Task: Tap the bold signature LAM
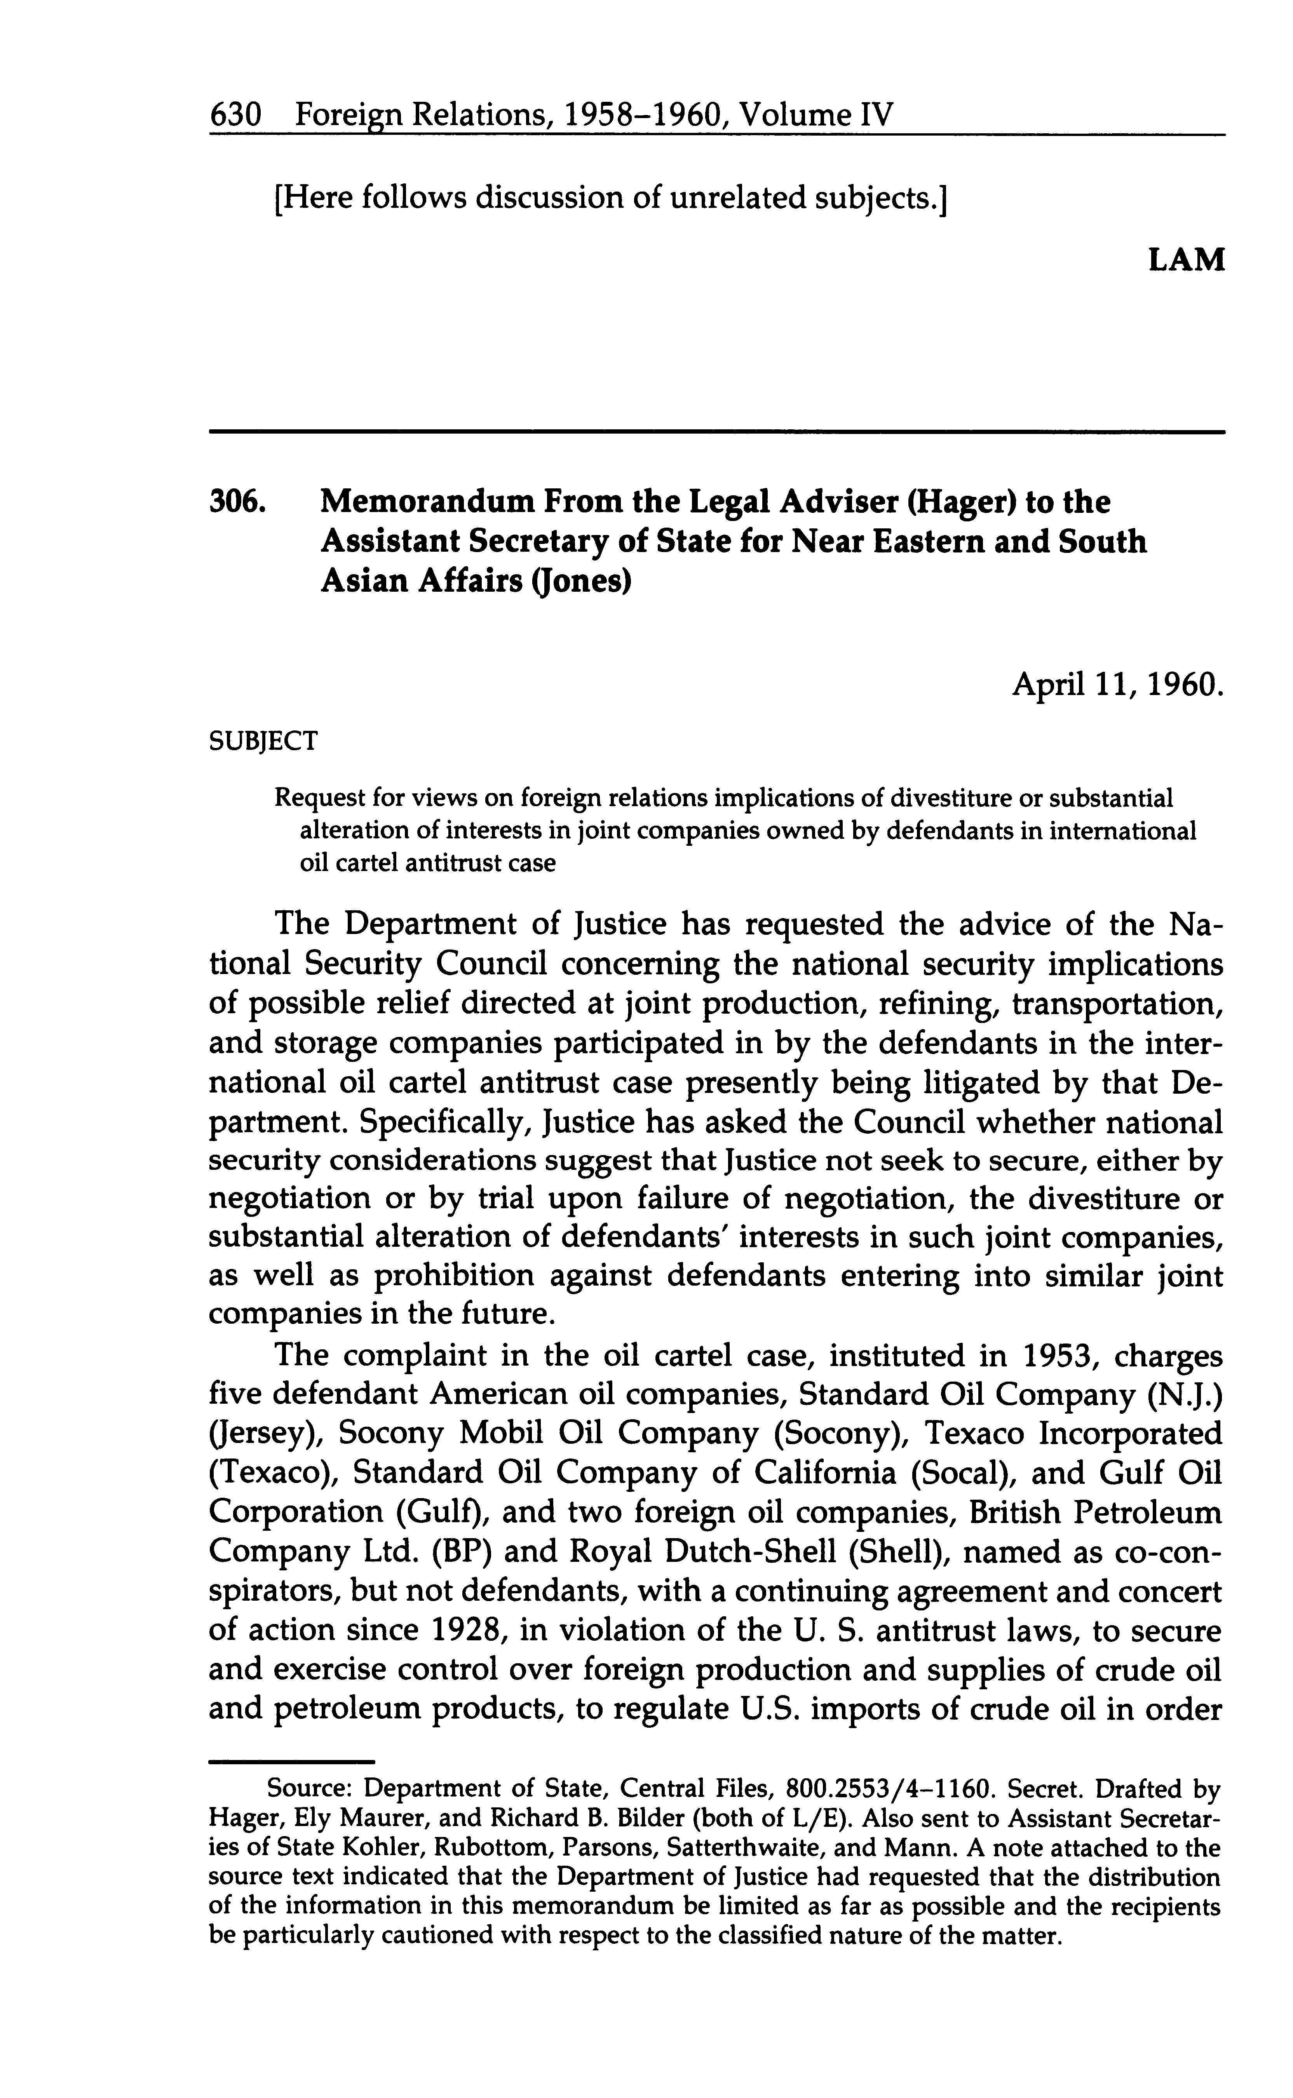click(x=1186, y=259)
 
